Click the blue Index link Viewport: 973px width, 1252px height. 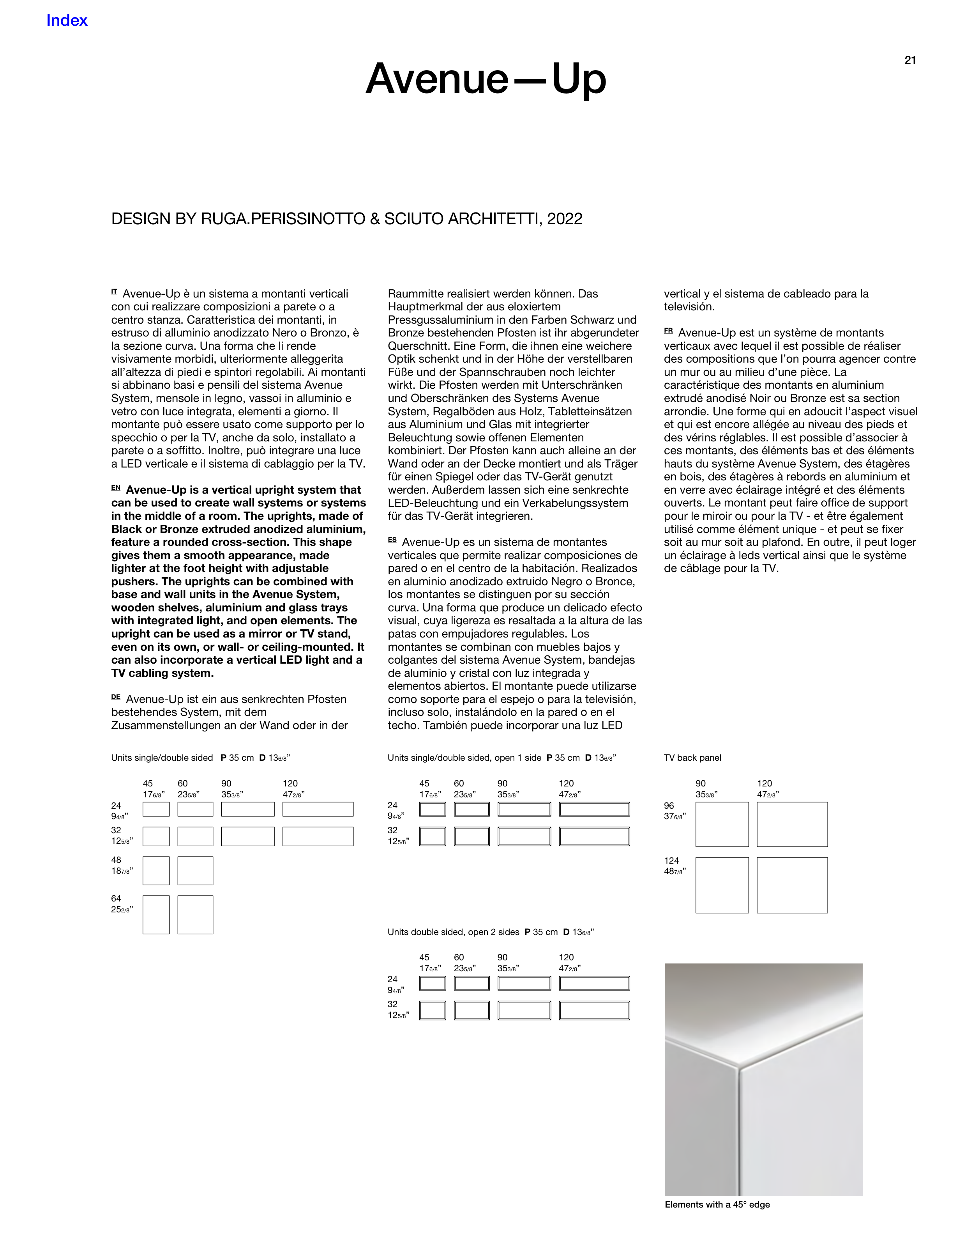tap(67, 21)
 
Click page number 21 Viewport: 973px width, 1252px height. tap(910, 60)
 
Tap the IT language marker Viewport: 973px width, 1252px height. tap(114, 292)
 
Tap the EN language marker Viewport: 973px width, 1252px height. tap(116, 488)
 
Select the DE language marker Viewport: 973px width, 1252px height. tap(116, 697)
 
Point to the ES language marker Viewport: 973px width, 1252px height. tap(392, 540)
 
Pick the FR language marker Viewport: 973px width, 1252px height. tap(668, 331)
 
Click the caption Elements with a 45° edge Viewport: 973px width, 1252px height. tap(717, 1204)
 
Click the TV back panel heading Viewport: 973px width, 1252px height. tap(692, 758)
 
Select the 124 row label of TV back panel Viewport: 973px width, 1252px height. tap(671, 861)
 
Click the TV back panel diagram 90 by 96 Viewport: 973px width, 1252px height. tap(722, 824)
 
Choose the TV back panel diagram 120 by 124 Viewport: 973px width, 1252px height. tap(792, 885)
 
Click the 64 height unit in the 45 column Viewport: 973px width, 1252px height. tap(156, 915)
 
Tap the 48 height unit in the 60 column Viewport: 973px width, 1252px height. tap(195, 871)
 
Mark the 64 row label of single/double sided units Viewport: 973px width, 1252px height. tap(117, 898)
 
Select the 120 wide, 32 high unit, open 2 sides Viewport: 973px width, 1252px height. tap(594, 1011)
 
